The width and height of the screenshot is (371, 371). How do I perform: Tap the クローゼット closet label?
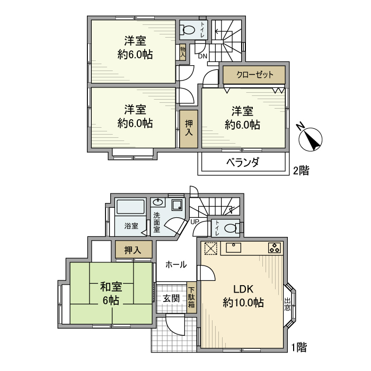[254, 75]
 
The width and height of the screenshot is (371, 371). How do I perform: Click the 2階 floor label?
[301, 171]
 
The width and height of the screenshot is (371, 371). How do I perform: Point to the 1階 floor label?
[299, 348]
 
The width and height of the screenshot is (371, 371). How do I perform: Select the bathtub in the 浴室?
[130, 209]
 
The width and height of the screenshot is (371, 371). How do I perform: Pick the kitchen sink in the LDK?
[234, 246]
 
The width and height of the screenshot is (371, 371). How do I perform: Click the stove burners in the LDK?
[275, 247]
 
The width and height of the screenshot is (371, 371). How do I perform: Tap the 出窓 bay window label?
[287, 303]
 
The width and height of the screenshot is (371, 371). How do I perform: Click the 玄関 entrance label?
[171, 297]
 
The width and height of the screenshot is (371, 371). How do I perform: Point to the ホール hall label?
[175, 264]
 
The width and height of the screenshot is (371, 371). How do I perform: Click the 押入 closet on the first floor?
[132, 250]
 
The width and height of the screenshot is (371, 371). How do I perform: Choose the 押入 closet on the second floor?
[188, 129]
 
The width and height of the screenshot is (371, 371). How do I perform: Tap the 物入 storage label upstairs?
[183, 52]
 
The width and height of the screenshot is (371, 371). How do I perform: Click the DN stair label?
[202, 56]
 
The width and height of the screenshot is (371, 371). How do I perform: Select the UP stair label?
[195, 222]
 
